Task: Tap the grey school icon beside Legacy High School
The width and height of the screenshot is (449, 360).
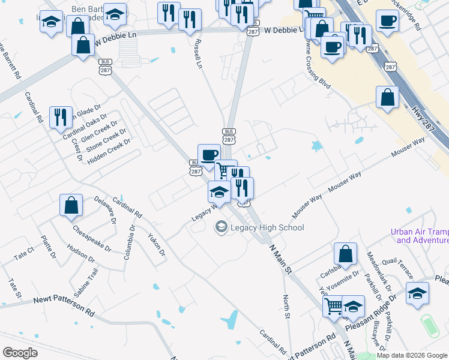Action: [221, 227]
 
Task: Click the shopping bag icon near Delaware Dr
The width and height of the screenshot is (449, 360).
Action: [71, 205]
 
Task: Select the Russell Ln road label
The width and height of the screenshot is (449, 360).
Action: [197, 53]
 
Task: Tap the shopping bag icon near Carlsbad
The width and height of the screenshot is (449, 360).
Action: [345, 254]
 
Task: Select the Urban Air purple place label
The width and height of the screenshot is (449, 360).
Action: [419, 236]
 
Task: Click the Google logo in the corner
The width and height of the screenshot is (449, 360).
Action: [20, 352]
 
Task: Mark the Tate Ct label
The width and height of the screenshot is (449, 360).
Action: [24, 255]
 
